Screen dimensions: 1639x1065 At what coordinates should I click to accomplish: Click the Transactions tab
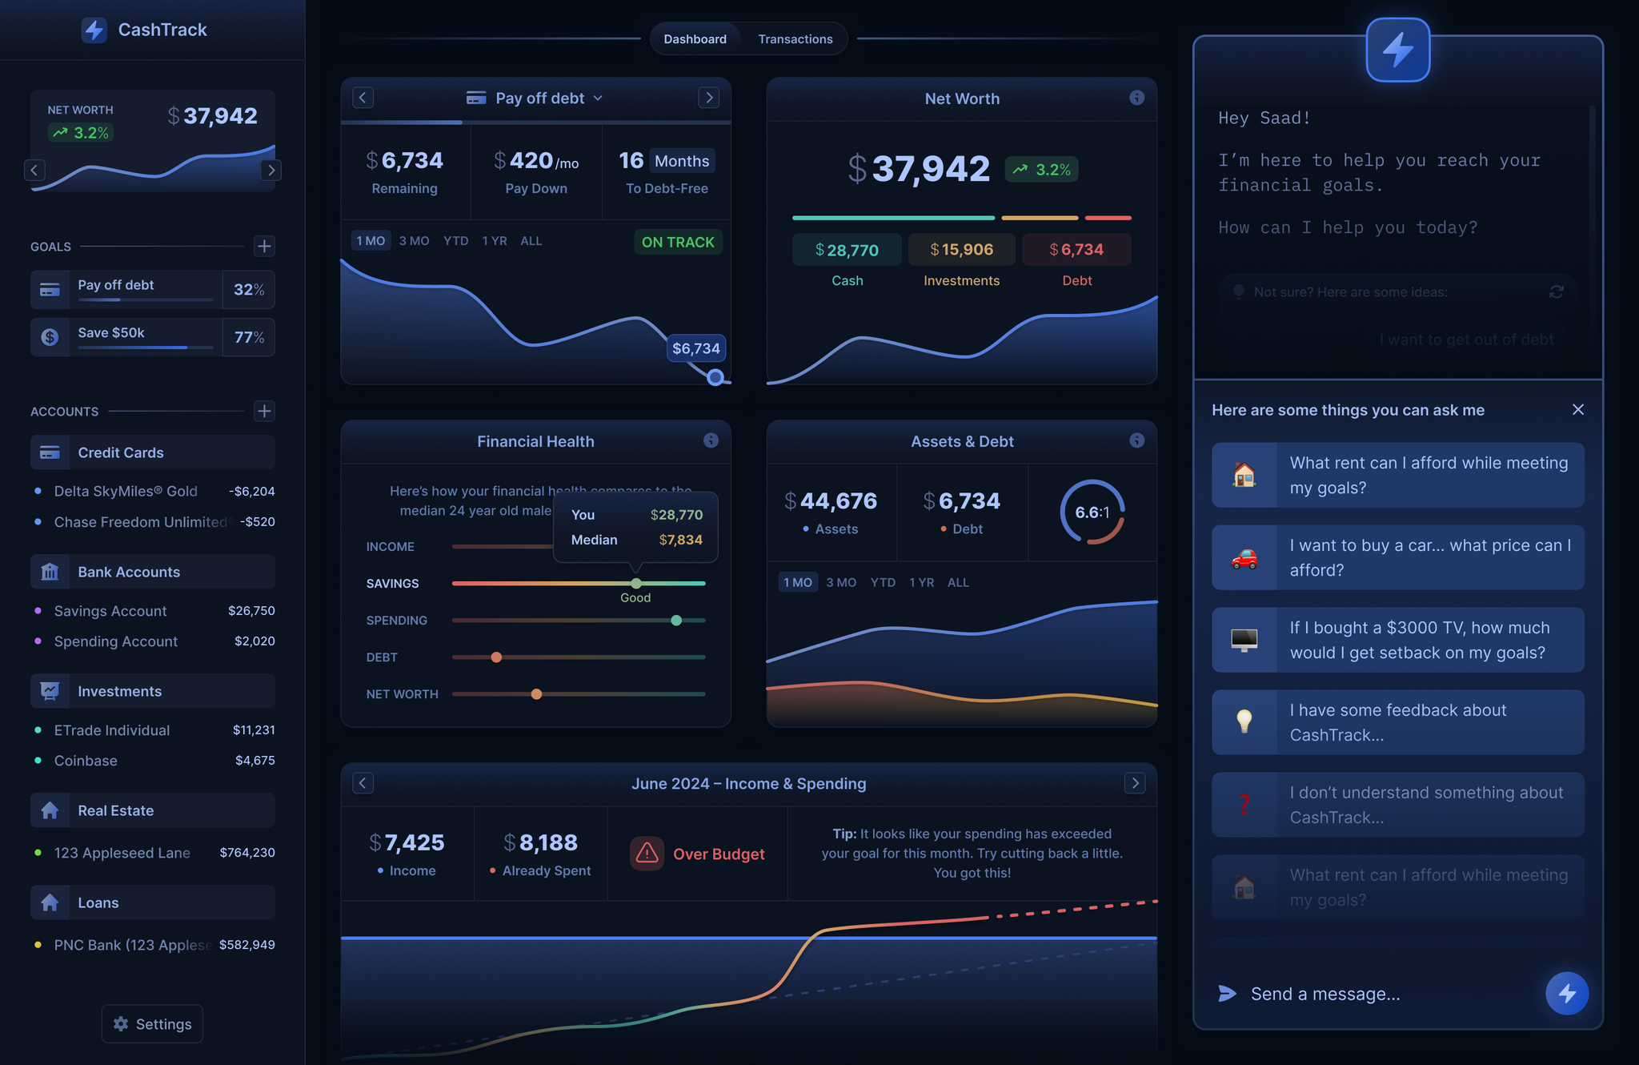(795, 39)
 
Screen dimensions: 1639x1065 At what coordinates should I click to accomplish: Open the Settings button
(152, 1023)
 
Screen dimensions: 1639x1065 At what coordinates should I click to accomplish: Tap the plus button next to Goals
(264, 246)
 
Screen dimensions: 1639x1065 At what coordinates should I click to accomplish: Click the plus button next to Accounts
(264, 411)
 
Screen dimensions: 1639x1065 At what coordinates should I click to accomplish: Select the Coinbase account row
(152, 761)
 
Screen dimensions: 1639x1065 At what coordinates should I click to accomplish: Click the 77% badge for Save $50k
(248, 337)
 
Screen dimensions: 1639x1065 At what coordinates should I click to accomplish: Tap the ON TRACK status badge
(677, 242)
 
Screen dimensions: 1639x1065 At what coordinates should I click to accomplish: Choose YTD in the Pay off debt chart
(455, 241)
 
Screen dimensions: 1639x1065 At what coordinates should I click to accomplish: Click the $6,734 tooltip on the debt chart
(695, 348)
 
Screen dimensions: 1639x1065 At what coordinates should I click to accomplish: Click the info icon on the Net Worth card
(1136, 98)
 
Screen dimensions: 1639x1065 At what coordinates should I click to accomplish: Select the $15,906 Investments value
(961, 250)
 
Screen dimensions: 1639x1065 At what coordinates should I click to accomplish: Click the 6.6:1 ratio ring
(1092, 512)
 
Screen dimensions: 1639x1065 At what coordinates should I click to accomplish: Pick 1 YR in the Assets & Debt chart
(921, 583)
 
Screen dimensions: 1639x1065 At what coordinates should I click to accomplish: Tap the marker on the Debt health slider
(496, 657)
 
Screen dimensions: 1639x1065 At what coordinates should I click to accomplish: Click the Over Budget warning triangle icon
(647, 854)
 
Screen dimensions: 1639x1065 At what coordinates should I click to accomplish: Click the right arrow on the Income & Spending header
(1134, 783)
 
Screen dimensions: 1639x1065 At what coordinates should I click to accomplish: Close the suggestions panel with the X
(1577, 410)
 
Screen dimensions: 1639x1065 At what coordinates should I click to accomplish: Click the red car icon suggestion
(1244, 558)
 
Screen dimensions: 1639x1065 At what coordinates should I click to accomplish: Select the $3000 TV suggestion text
(1417, 640)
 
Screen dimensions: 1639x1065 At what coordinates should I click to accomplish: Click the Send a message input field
(1377, 994)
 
